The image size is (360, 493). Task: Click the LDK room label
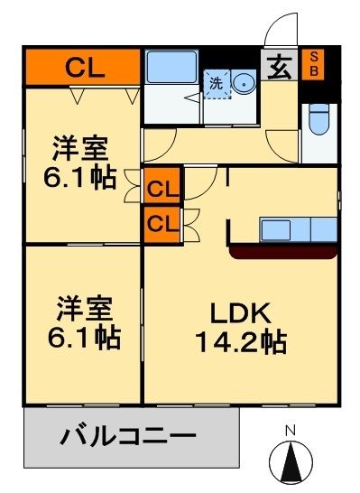[241, 315]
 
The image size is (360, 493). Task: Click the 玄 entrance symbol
[282, 66]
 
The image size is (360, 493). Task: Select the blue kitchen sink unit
[298, 228]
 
